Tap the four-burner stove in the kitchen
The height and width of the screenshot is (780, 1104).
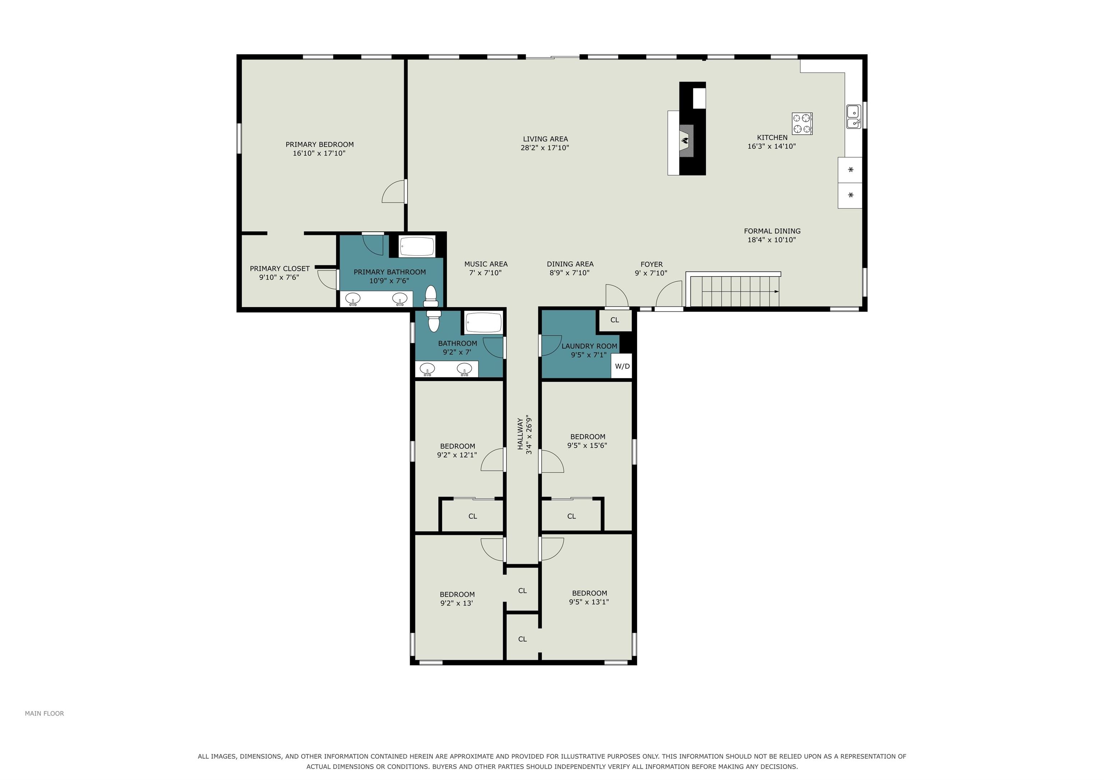pos(802,124)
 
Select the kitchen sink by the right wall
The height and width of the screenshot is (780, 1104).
pos(854,117)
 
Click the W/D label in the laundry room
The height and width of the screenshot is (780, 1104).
pos(622,366)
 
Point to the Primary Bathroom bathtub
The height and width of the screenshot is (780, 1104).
pos(417,247)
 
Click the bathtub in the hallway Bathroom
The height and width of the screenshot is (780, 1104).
pos(483,322)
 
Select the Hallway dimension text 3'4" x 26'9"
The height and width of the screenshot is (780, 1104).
pos(529,435)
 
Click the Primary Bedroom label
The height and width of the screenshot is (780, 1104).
pos(320,144)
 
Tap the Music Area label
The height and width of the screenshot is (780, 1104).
pos(486,264)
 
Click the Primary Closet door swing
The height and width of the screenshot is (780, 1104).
pos(327,279)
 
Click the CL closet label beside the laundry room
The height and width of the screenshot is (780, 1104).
pos(615,320)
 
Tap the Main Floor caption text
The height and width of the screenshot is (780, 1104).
pos(44,713)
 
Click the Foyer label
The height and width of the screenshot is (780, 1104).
pos(652,264)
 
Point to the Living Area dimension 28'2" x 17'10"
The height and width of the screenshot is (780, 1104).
pos(545,148)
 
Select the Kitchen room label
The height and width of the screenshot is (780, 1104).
pos(772,138)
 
